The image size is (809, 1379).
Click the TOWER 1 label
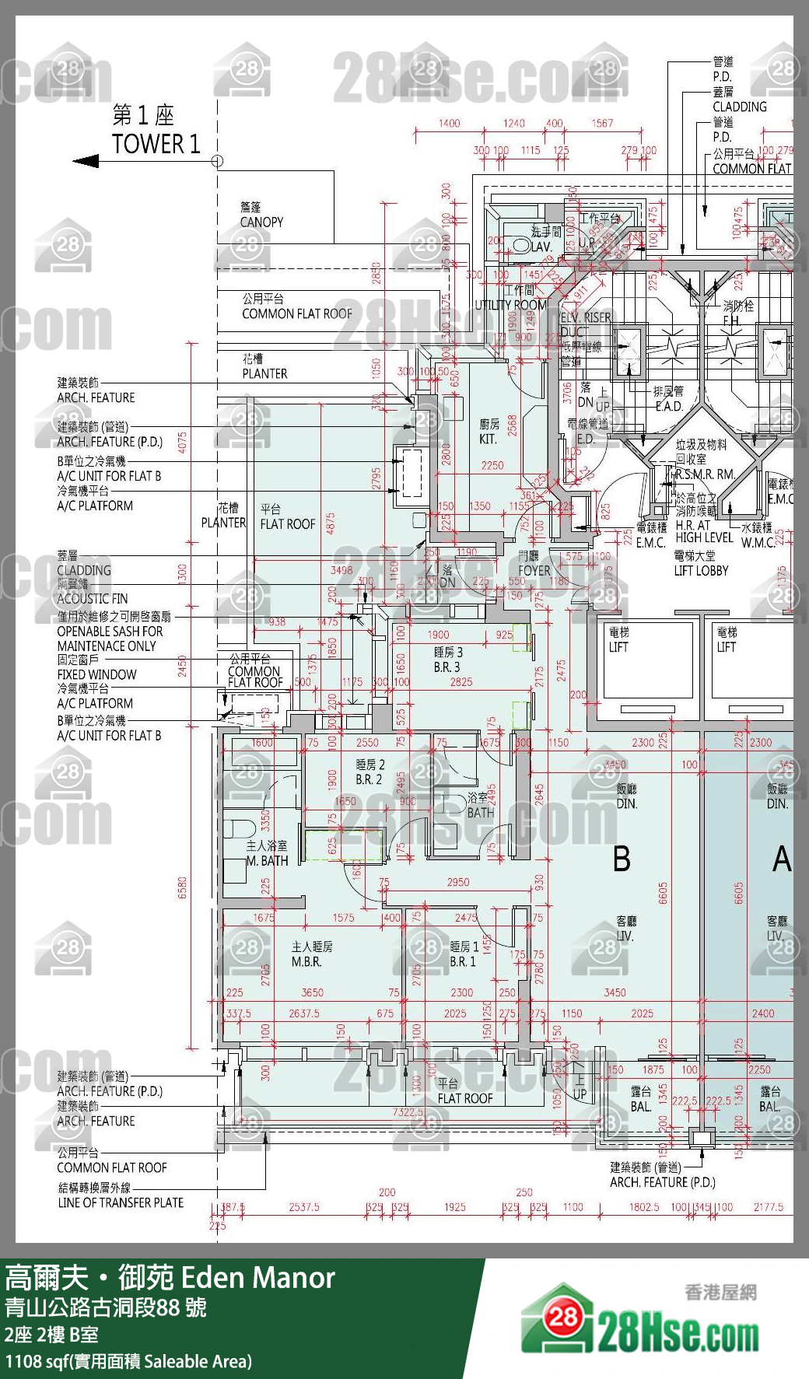point(156,144)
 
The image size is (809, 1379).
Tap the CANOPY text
point(261,222)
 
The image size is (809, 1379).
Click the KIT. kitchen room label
point(489,439)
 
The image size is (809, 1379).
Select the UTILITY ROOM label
point(510,305)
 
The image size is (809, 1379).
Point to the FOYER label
point(534,570)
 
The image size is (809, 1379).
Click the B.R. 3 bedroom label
point(447,667)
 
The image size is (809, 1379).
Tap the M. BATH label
point(267,861)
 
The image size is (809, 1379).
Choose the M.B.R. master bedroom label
point(306,962)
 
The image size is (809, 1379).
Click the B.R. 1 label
point(462,962)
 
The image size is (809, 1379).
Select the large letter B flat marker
point(622,859)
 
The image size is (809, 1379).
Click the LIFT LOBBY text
point(701,570)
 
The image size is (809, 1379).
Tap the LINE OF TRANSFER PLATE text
point(121,1202)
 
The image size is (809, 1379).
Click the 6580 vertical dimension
point(182,887)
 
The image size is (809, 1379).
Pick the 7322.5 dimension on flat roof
point(408,1112)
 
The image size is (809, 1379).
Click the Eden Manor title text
point(257,1278)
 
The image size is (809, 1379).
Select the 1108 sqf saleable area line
point(128,1361)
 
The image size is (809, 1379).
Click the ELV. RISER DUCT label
point(585,324)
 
